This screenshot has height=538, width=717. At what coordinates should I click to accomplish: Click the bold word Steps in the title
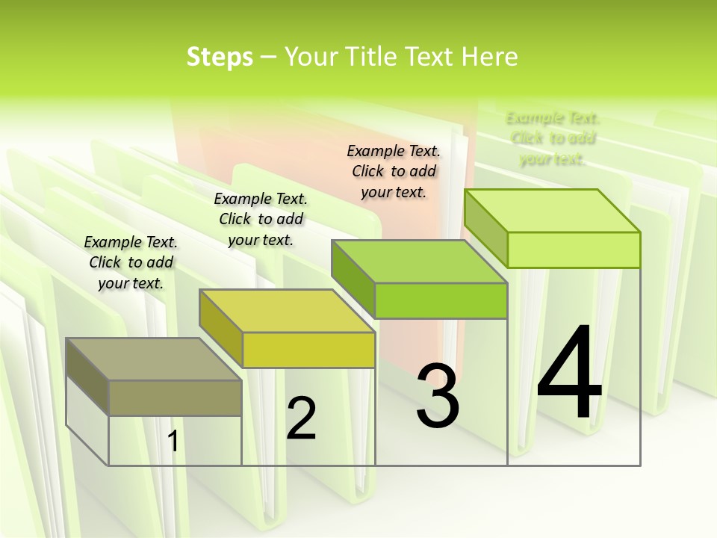[x=220, y=57]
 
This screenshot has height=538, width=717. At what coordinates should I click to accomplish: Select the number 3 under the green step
[x=437, y=396]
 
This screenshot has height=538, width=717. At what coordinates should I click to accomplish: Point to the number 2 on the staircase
[x=301, y=418]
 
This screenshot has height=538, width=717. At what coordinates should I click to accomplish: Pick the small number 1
[x=173, y=442]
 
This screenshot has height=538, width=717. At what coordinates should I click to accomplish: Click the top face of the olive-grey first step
[x=153, y=359]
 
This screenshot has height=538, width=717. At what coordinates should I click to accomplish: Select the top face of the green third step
[x=419, y=262]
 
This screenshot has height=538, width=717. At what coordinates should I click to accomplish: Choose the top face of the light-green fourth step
[x=552, y=211]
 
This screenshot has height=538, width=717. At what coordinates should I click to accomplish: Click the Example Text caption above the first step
[x=131, y=262]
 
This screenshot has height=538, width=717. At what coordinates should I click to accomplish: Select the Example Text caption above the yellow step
[x=261, y=219]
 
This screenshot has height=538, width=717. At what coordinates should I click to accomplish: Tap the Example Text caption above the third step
[x=394, y=171]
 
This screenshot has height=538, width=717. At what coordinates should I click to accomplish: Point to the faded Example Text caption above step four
[x=553, y=138]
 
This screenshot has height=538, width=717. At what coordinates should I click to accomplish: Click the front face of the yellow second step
[x=308, y=350]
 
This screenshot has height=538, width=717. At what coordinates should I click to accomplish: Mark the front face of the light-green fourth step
[x=574, y=250]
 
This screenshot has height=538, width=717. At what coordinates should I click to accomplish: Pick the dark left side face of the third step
[x=353, y=279]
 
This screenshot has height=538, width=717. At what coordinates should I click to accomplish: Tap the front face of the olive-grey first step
[x=175, y=398]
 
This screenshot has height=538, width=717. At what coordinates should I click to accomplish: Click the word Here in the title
[x=489, y=57]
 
